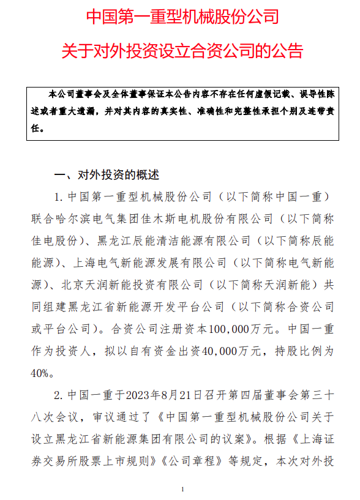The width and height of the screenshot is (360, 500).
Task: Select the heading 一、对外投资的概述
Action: point(107,175)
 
